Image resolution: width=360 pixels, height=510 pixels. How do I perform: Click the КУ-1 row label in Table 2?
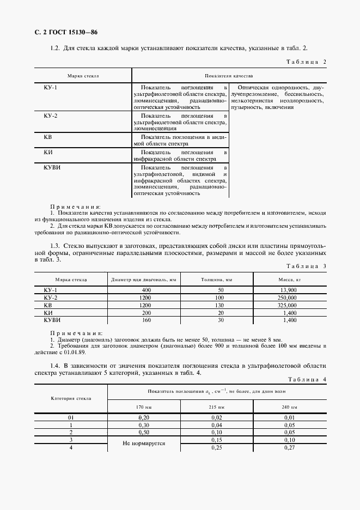coord(50,87)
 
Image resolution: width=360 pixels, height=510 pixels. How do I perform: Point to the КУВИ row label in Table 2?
coord(52,167)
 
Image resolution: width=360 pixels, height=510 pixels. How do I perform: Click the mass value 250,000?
coord(286,298)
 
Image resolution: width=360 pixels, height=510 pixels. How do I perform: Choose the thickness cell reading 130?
coord(219,306)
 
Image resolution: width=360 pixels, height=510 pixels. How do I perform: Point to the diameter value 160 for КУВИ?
coord(146,321)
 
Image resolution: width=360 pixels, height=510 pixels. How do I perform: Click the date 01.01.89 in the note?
coord(88,352)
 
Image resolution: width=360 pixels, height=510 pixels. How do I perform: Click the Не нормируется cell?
coord(144,444)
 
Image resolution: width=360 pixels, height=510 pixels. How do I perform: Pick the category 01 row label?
coord(71,417)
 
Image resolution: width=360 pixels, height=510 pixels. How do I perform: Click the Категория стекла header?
coord(71,398)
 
